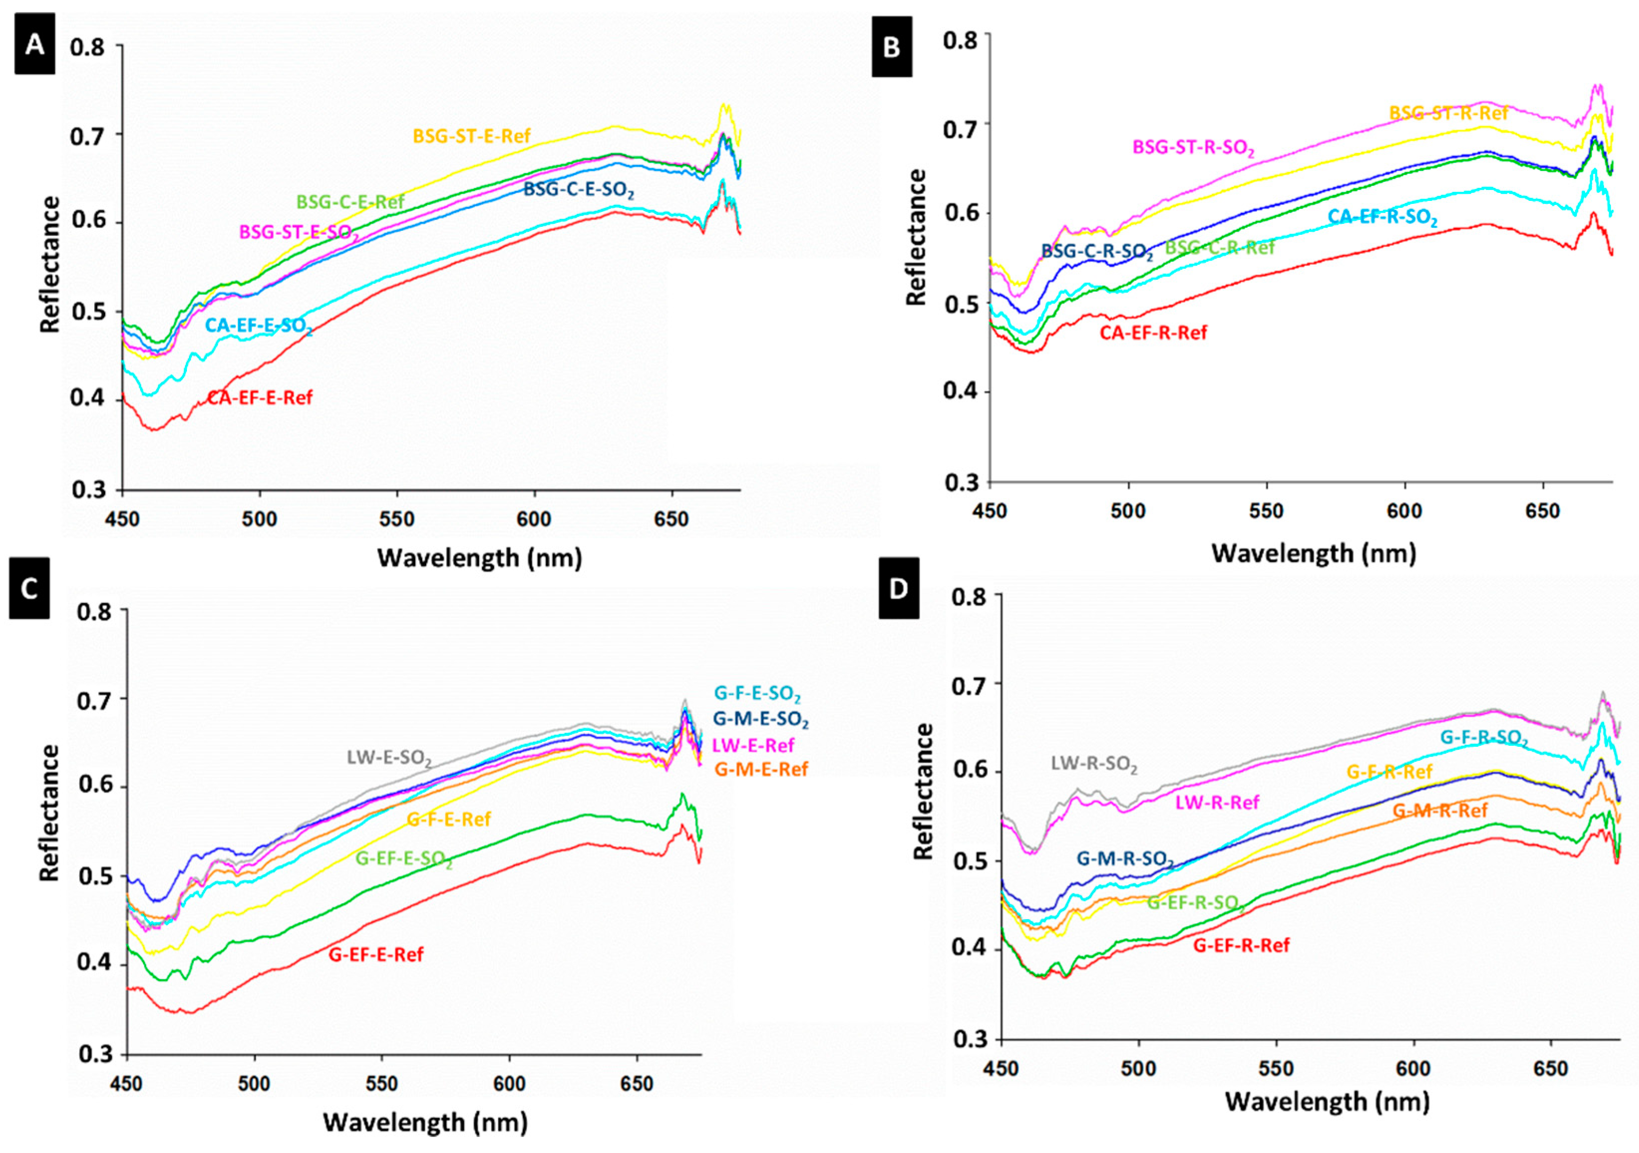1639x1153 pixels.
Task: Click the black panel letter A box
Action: pyautogui.click(x=34, y=46)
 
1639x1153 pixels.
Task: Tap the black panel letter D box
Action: pyautogui.click(x=898, y=588)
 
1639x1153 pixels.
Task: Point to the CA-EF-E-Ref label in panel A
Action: pyautogui.click(x=260, y=398)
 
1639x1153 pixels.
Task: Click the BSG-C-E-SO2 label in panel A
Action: pyautogui.click(x=578, y=190)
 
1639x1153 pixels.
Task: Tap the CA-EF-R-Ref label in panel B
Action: pyautogui.click(x=1153, y=332)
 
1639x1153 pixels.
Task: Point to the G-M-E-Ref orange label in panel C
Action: pyautogui.click(x=761, y=769)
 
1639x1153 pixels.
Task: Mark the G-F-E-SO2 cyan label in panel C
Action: pyautogui.click(x=757, y=693)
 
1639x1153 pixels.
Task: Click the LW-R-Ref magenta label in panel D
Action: pyautogui.click(x=1217, y=803)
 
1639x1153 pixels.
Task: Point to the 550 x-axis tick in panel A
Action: pyautogui.click(x=397, y=518)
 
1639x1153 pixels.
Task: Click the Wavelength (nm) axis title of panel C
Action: pyautogui.click(x=426, y=1122)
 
